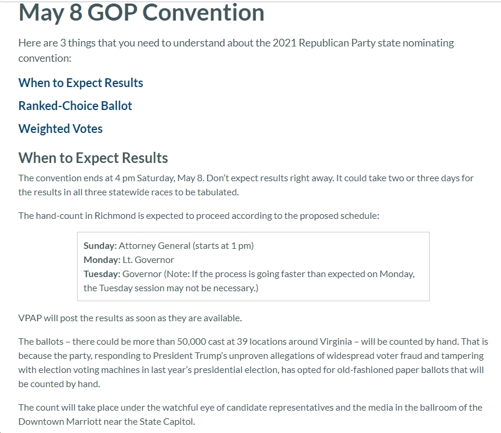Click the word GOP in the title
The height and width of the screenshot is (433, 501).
coord(112,13)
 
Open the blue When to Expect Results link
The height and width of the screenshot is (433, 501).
coord(81,83)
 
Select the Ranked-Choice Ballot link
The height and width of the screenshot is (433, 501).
coord(75,106)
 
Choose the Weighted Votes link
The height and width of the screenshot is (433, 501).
coord(61,129)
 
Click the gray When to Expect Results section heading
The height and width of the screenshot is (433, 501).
coord(93,158)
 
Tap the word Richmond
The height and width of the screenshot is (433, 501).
coord(115,216)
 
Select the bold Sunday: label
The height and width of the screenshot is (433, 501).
coord(100,246)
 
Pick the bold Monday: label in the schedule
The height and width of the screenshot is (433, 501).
coord(102,260)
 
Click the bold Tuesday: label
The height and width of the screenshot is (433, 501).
coord(102,274)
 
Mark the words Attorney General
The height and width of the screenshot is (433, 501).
coord(154,246)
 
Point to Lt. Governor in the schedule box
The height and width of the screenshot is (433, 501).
coord(148,260)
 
